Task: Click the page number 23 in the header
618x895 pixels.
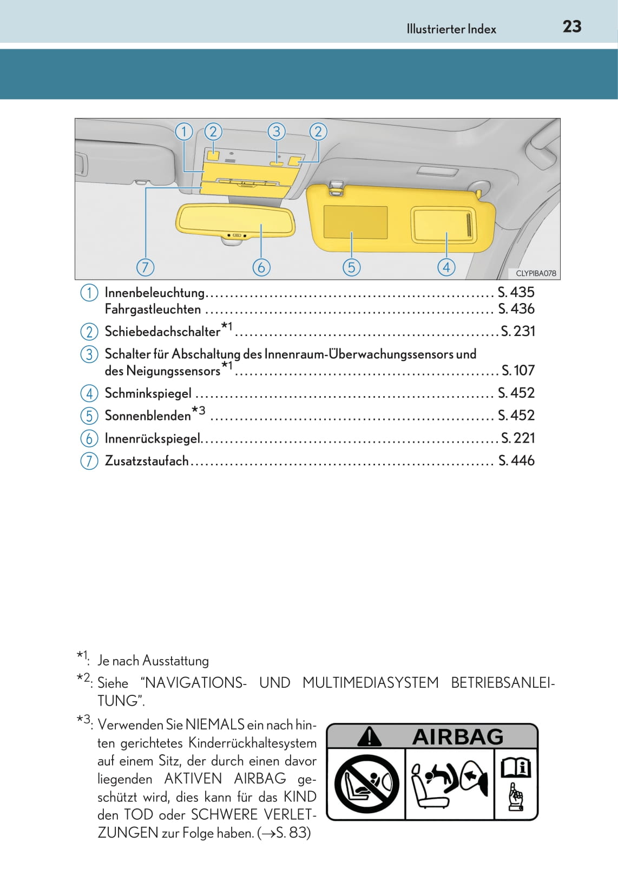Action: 571,27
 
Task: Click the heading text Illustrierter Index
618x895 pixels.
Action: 451,29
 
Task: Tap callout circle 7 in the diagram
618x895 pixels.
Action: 145,267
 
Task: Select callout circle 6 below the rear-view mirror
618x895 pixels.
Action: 261,267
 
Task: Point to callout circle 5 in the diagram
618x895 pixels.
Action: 351,267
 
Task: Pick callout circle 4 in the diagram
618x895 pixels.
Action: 446,267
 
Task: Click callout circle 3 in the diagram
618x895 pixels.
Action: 277,131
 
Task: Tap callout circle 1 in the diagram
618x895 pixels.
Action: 184,131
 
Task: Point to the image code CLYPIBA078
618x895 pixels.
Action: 535,273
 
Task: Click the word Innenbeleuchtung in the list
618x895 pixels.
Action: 155,293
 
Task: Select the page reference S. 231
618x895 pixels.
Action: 518,331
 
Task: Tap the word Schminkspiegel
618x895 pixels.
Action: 148,393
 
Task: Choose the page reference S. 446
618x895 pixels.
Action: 516,460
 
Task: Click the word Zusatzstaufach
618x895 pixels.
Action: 147,460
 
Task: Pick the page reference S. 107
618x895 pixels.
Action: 518,371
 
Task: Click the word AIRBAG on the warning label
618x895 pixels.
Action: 458,737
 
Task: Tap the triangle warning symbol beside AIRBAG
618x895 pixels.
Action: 370,736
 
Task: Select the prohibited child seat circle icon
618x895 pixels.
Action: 366,784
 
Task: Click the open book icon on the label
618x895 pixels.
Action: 515,768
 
